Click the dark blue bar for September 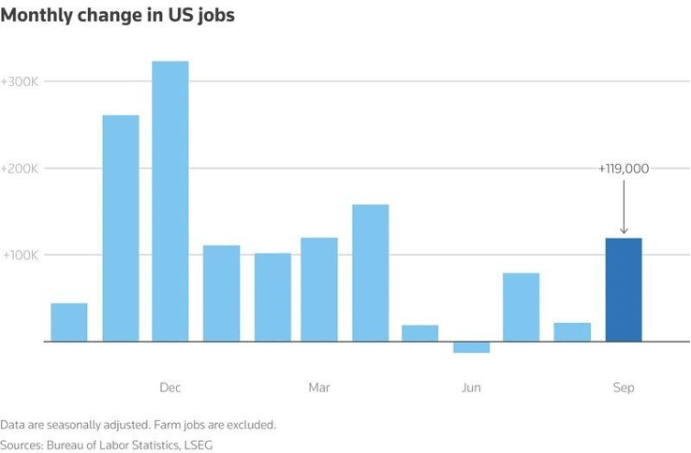624,290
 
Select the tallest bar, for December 170,201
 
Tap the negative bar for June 471,347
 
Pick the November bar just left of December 120,228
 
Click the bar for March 319,289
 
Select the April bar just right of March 371,272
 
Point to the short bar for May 420,333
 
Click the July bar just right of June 522,307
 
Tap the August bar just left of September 572,332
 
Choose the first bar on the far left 69,322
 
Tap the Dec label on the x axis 170,387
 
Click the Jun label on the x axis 471,387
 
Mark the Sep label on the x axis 624,387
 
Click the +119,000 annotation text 623,168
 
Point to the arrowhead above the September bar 624,230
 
